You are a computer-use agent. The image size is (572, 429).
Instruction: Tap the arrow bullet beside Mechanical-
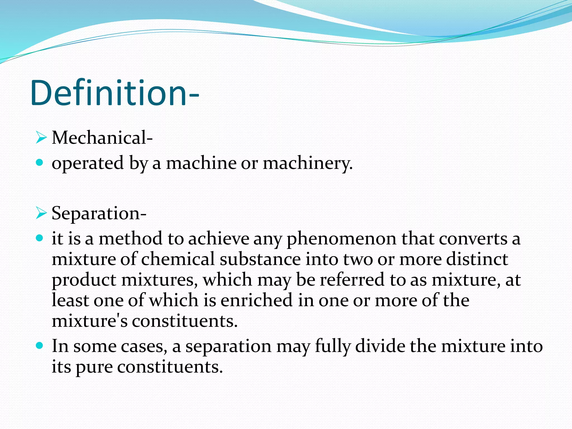click(41, 138)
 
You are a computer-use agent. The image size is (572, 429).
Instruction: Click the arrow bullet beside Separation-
click(41, 213)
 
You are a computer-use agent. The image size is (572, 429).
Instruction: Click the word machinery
click(308, 163)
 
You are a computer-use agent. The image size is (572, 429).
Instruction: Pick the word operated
click(88, 163)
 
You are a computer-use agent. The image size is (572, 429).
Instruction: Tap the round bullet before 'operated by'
click(40, 162)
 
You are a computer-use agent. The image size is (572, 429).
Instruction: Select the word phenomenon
click(341, 239)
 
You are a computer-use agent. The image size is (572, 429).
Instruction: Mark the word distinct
click(477, 259)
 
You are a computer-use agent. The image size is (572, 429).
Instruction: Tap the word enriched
click(256, 300)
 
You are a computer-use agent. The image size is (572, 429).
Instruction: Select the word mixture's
click(90, 321)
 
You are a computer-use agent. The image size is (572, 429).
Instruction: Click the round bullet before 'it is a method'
click(40, 238)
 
